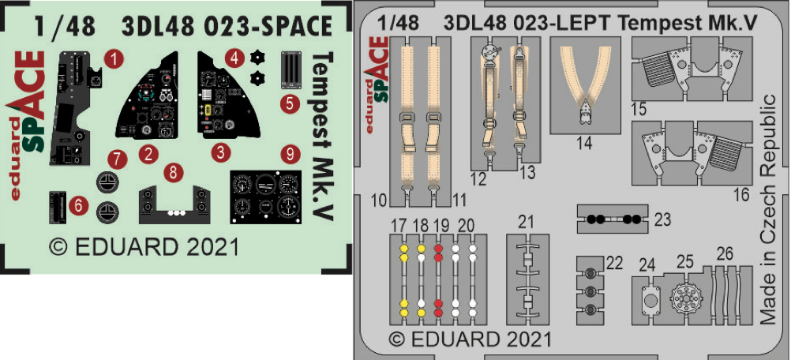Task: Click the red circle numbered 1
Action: click(x=116, y=58)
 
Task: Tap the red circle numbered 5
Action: click(x=290, y=103)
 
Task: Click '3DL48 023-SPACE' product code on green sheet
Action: click(x=227, y=26)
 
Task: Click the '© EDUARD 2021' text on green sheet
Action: click(x=144, y=246)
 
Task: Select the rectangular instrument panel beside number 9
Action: click(x=267, y=195)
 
